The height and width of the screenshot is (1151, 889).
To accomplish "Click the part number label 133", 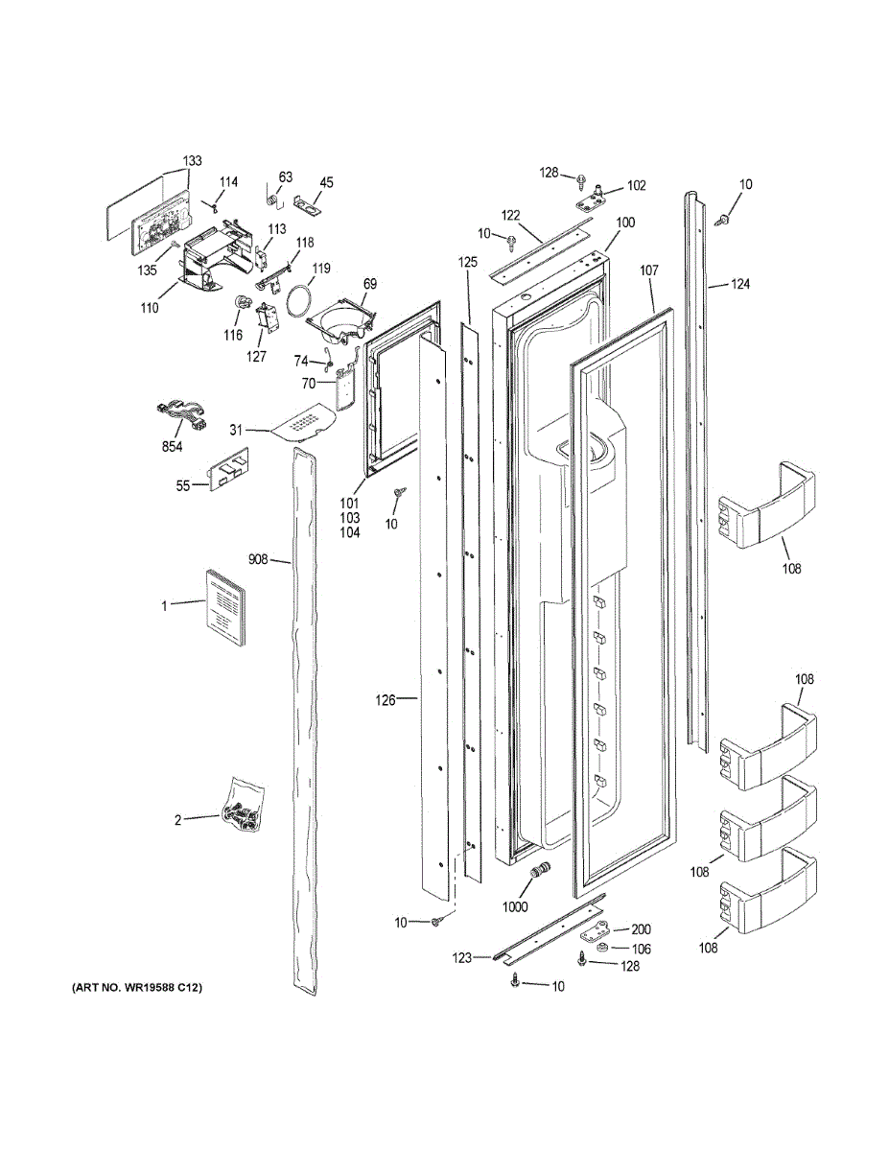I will [x=193, y=161].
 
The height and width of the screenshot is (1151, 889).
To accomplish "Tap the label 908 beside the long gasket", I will [x=258, y=558].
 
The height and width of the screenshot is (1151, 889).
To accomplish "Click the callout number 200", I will [x=641, y=929].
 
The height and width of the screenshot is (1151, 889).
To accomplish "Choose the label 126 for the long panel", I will [x=385, y=700].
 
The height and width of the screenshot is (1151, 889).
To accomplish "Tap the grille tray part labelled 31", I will [x=307, y=422].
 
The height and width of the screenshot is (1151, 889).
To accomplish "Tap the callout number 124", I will [x=739, y=285].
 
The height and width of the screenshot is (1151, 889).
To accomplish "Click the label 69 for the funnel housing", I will [x=369, y=284].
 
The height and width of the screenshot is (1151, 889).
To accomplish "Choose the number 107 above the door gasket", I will [x=649, y=272].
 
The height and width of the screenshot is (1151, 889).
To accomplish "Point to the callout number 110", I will [x=148, y=310].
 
